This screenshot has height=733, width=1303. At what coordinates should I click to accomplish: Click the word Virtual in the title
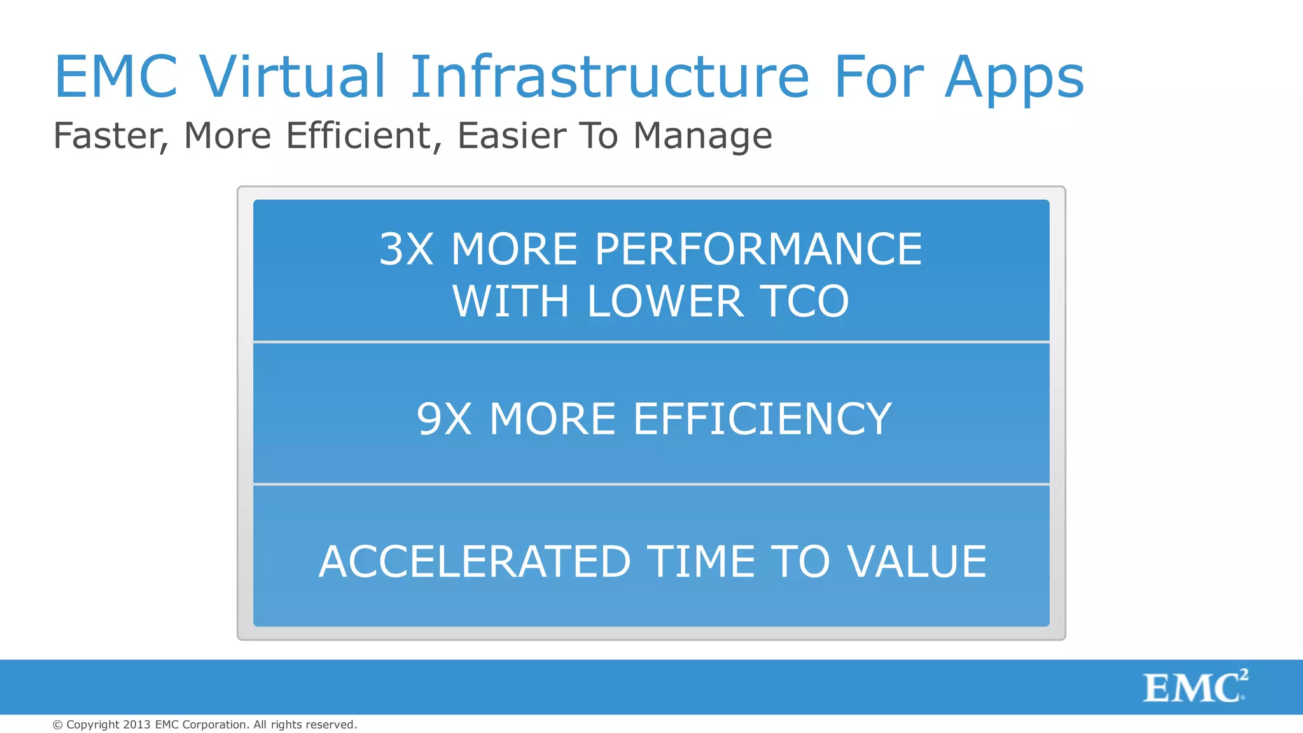tap(293, 77)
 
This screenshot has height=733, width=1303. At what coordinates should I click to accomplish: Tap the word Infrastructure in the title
tap(610, 77)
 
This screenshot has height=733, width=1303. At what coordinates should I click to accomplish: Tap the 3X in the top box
tap(407, 249)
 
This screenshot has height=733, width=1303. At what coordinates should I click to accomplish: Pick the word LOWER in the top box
tap(665, 302)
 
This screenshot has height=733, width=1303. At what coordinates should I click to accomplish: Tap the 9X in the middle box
tap(444, 419)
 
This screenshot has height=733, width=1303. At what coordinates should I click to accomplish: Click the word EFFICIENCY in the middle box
tap(762, 419)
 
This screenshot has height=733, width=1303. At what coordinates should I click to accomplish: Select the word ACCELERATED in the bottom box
tap(474, 562)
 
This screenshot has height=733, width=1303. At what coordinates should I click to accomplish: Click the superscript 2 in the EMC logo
tap(1244, 675)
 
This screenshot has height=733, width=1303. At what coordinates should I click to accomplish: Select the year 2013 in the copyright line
tap(137, 725)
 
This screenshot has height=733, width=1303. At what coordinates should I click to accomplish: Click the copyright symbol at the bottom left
tap(57, 725)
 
